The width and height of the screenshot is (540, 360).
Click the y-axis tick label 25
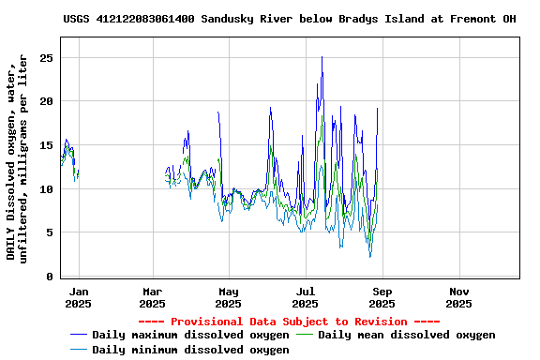click(x=45, y=58)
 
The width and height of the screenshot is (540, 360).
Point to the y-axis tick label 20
click(x=45, y=101)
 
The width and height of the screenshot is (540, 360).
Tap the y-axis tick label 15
click(x=45, y=145)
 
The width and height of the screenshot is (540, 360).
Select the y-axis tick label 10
click(x=45, y=189)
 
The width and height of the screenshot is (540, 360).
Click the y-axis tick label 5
click(x=49, y=232)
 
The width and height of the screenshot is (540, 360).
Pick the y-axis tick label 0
click(x=49, y=277)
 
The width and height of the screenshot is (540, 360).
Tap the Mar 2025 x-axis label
click(x=152, y=297)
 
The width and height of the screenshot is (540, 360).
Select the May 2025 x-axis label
click(x=229, y=297)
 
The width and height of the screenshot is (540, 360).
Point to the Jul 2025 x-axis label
click(x=306, y=297)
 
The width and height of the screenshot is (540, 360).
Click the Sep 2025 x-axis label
click(x=382, y=297)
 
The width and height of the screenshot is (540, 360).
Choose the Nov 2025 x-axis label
click(x=458, y=297)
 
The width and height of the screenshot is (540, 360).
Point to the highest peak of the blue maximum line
click(x=322, y=57)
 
